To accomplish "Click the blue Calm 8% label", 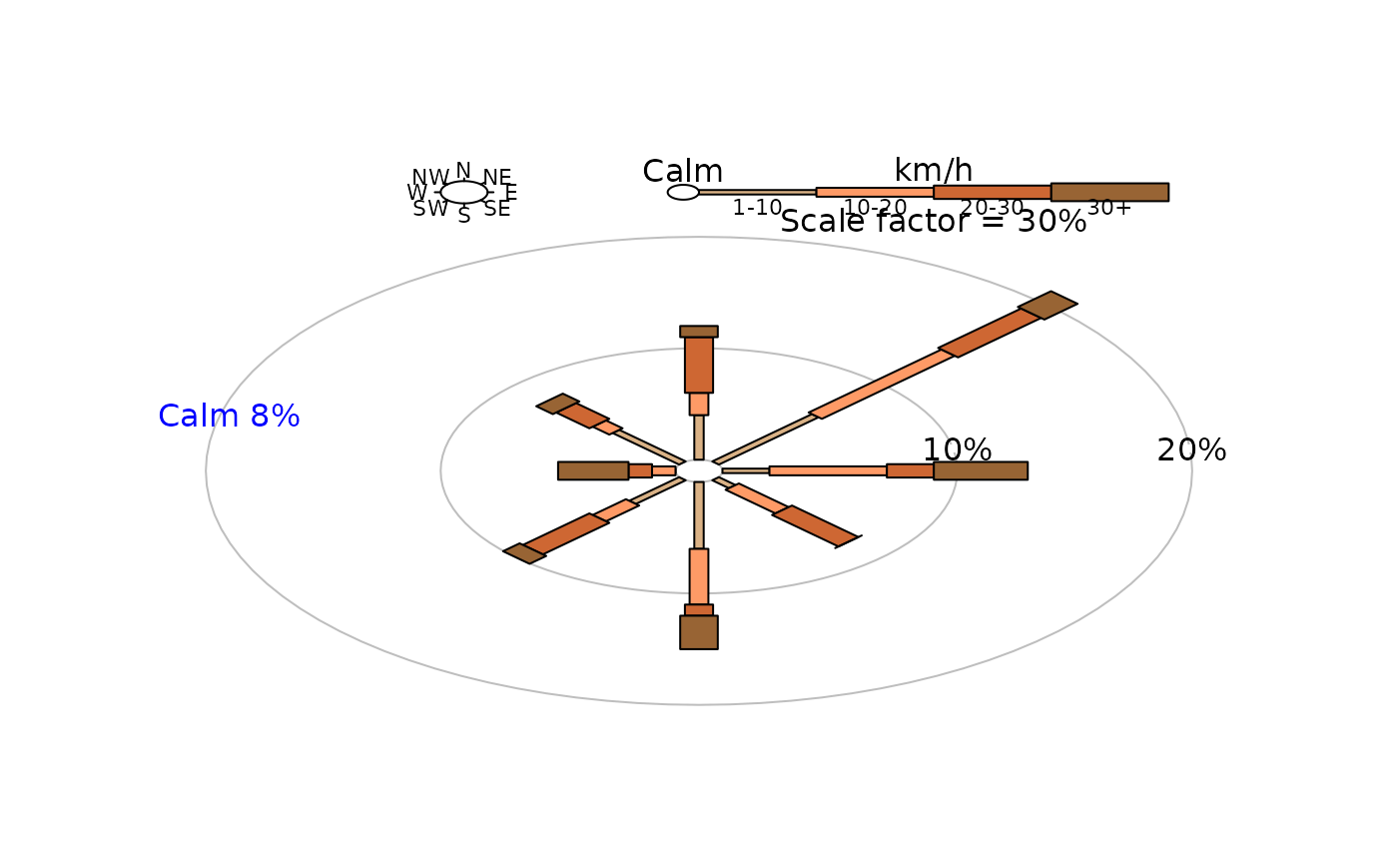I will [x=229, y=417].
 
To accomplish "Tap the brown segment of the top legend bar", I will [x=1109, y=192].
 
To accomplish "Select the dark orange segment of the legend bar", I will [x=992, y=192].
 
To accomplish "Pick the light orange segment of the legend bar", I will [x=875, y=192].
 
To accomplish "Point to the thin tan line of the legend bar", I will [x=758, y=192].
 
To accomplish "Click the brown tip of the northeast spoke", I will [x=1048, y=305].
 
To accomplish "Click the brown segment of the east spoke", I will [x=980, y=470].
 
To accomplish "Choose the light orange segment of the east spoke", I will [x=828, y=470].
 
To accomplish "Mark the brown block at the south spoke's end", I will [x=699, y=632].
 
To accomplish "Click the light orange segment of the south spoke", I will [x=699, y=576].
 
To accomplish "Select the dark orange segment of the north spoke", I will [x=699, y=365].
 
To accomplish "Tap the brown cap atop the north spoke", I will [x=699, y=332].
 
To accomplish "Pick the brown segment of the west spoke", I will [x=593, y=470].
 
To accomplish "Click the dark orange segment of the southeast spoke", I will [x=815, y=525].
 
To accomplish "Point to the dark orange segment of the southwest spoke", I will [x=566, y=533].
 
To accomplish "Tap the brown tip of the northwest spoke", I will [x=558, y=404].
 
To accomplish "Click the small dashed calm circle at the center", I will [x=699, y=470].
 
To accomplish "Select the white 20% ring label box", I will [x=1192, y=448].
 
